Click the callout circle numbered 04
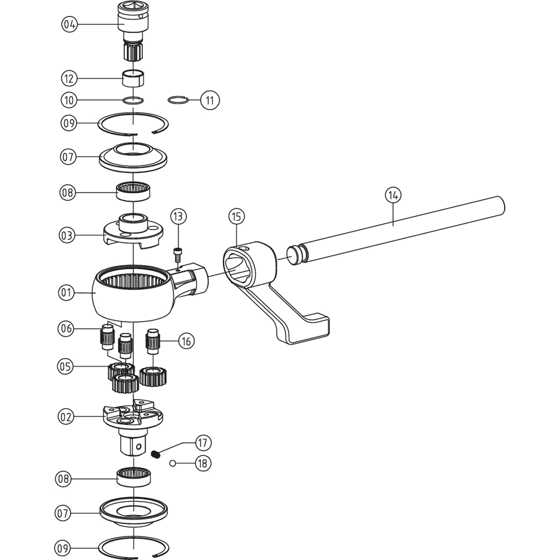tap(69, 24)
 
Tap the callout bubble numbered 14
tap(393, 195)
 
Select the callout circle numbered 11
tap(210, 100)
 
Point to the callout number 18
tap(203, 464)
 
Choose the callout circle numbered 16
tap(186, 341)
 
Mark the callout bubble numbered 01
tap(66, 293)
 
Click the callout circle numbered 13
tap(178, 217)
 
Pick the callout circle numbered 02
tap(66, 417)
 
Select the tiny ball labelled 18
tap(172, 463)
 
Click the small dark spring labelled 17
tap(156, 455)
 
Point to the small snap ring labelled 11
tap(178, 100)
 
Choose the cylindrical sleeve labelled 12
tap(133, 79)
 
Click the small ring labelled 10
tap(133, 100)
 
